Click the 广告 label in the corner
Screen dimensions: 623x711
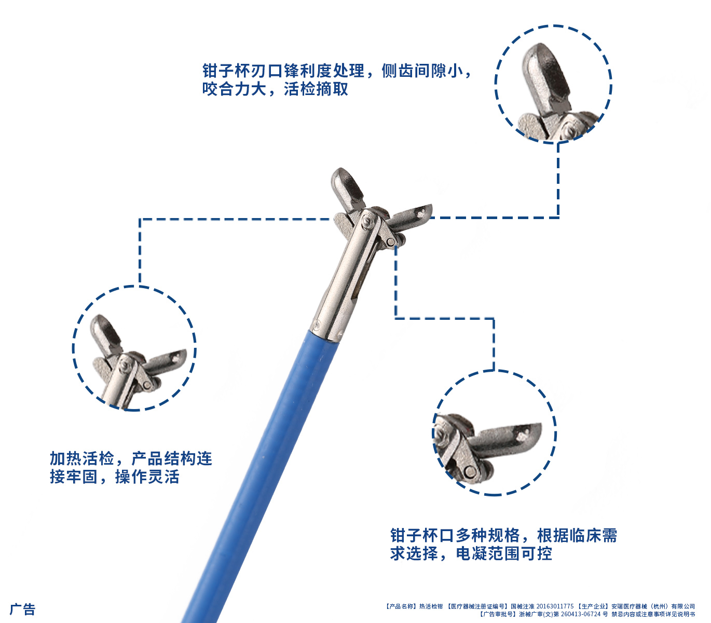click(x=22, y=609)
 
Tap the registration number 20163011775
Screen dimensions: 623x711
click(x=555, y=606)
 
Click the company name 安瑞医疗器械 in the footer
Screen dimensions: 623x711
click(x=629, y=606)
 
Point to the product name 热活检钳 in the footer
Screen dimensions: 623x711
click(x=431, y=606)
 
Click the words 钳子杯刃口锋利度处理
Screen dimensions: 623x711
click(x=283, y=71)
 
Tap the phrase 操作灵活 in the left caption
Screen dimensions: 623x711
click(x=147, y=477)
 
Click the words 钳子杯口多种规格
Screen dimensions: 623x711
click(x=455, y=535)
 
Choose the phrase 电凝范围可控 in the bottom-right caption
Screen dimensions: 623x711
click(x=503, y=553)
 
